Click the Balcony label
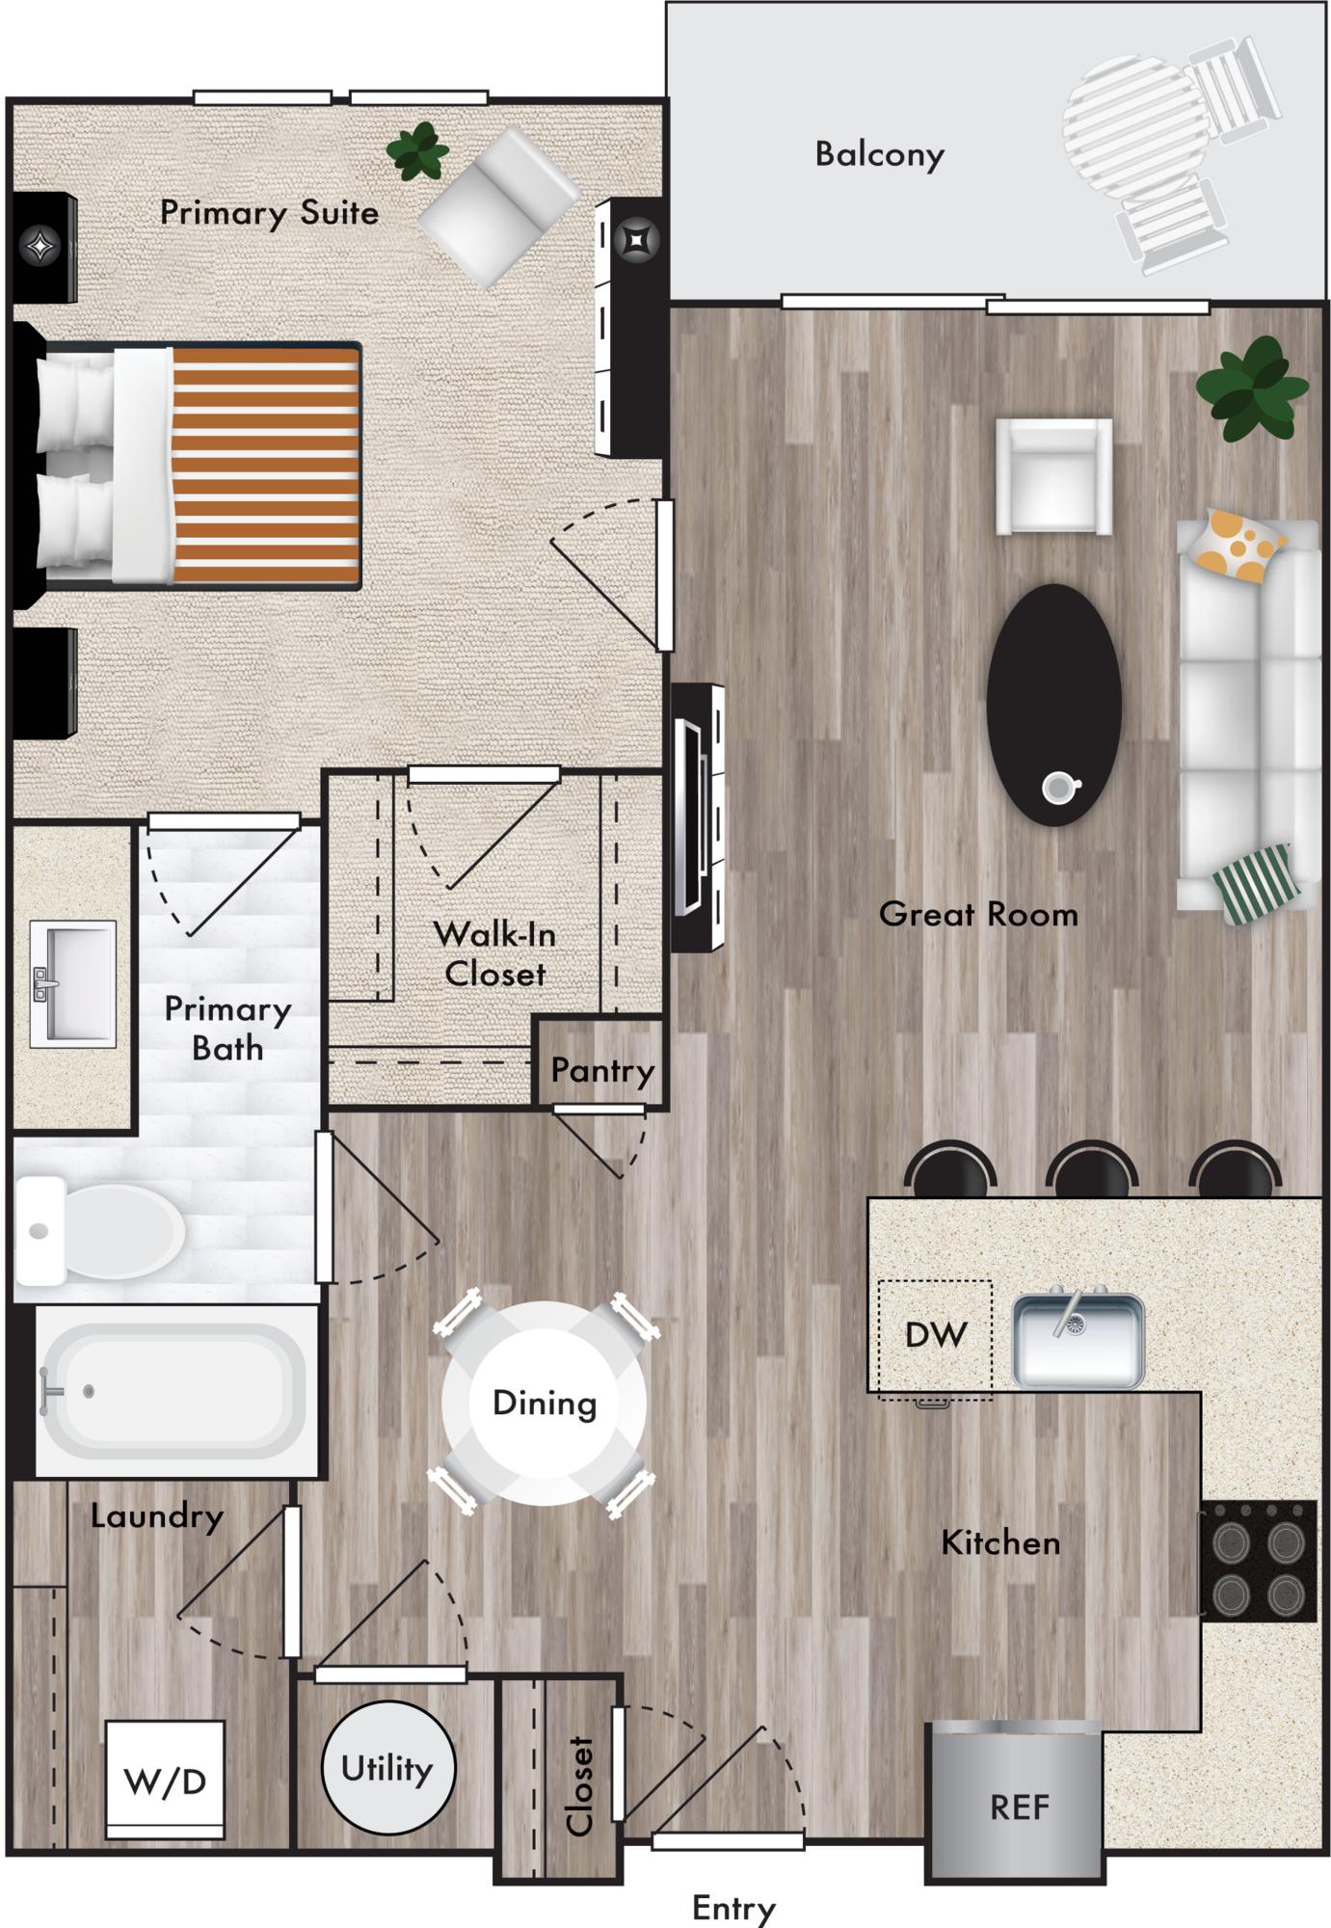(879, 154)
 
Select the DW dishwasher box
(935, 1339)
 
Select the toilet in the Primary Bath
(99, 1231)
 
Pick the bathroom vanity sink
(73, 982)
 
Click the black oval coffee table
(1053, 705)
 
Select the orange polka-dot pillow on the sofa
(1238, 546)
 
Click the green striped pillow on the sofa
(1263, 882)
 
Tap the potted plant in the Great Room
(1251, 389)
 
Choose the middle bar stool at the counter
(1092, 1169)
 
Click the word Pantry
(602, 1070)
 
